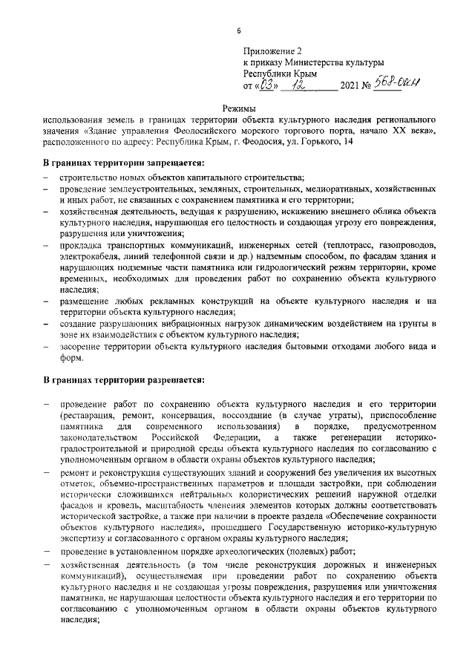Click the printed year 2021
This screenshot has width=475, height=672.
pos(350,85)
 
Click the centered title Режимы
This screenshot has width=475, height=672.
pos(238,109)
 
